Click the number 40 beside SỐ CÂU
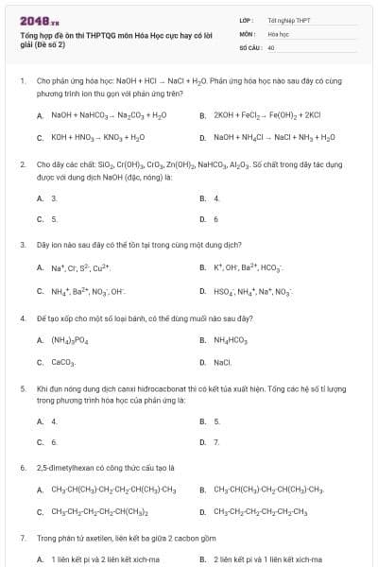click(271, 45)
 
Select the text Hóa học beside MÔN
click(277, 32)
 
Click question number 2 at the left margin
click(22, 163)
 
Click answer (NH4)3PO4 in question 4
click(76, 339)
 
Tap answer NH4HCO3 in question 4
click(232, 339)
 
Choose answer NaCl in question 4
click(223, 362)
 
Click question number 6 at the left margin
click(22, 467)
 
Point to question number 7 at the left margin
click(22, 538)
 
